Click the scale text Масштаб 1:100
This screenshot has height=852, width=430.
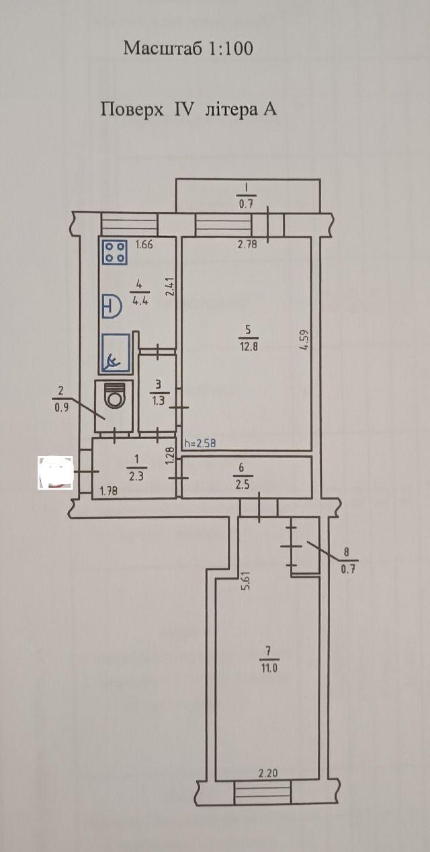(x=188, y=48)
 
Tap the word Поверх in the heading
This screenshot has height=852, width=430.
(x=132, y=110)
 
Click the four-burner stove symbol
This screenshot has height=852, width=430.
(x=114, y=251)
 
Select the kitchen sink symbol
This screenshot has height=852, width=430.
(x=112, y=305)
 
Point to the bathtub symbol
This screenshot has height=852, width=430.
(x=116, y=354)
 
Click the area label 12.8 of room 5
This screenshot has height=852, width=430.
(x=248, y=346)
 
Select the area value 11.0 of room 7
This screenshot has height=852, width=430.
(x=269, y=668)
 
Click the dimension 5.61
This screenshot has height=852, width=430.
(x=246, y=579)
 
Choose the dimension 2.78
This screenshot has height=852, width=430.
(x=247, y=245)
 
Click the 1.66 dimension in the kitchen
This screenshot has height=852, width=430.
(x=144, y=244)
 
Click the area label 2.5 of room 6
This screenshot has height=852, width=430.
(x=242, y=485)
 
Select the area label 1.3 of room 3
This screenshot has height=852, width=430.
(x=159, y=400)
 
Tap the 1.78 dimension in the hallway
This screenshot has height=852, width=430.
(x=108, y=491)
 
